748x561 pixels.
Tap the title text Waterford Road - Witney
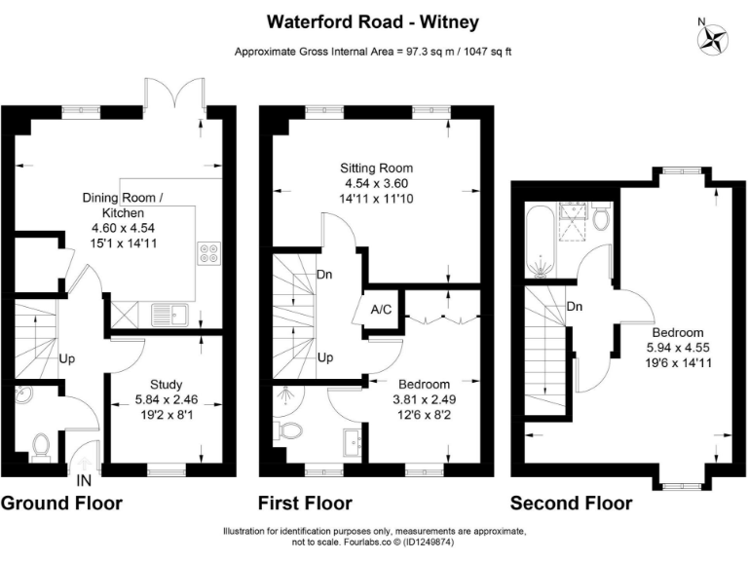pyautogui.click(x=374, y=20)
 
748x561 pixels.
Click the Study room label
pyautogui.click(x=167, y=384)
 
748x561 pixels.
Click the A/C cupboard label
pyautogui.click(x=381, y=309)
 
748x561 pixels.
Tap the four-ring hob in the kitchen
pyautogui.click(x=208, y=253)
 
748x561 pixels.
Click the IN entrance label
pyautogui.click(x=85, y=480)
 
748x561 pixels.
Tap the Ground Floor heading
pyautogui.click(x=61, y=504)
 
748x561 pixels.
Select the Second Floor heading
pyautogui.click(x=571, y=504)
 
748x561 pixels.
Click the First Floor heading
pyautogui.click(x=305, y=504)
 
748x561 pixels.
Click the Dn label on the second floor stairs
pyautogui.click(x=574, y=306)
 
